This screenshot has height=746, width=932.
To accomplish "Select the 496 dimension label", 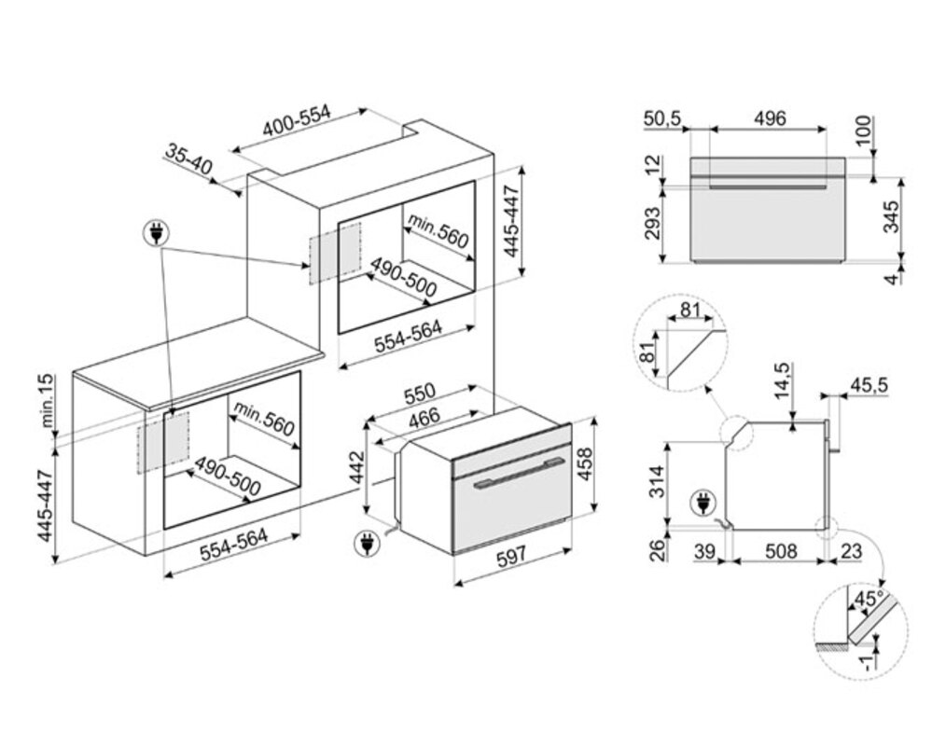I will (x=770, y=119).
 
